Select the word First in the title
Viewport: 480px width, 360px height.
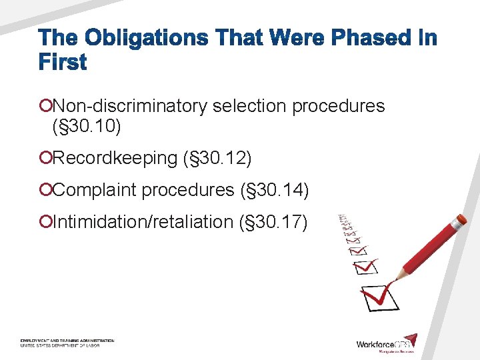tap(63, 63)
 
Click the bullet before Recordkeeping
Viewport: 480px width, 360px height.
tap(45, 158)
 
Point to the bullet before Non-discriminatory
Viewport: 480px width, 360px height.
tap(45, 106)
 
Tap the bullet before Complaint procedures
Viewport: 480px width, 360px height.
tap(45, 190)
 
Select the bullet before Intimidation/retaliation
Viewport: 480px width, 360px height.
tap(45, 221)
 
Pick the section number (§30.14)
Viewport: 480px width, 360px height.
tap(274, 190)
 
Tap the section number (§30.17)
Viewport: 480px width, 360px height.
tap(273, 221)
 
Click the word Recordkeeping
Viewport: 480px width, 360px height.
tap(115, 158)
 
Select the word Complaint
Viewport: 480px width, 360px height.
tap(95, 190)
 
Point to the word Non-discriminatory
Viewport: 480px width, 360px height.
tap(130, 106)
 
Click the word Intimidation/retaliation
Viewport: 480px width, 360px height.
tap(143, 221)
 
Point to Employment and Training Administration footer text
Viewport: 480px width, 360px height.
tap(67, 340)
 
